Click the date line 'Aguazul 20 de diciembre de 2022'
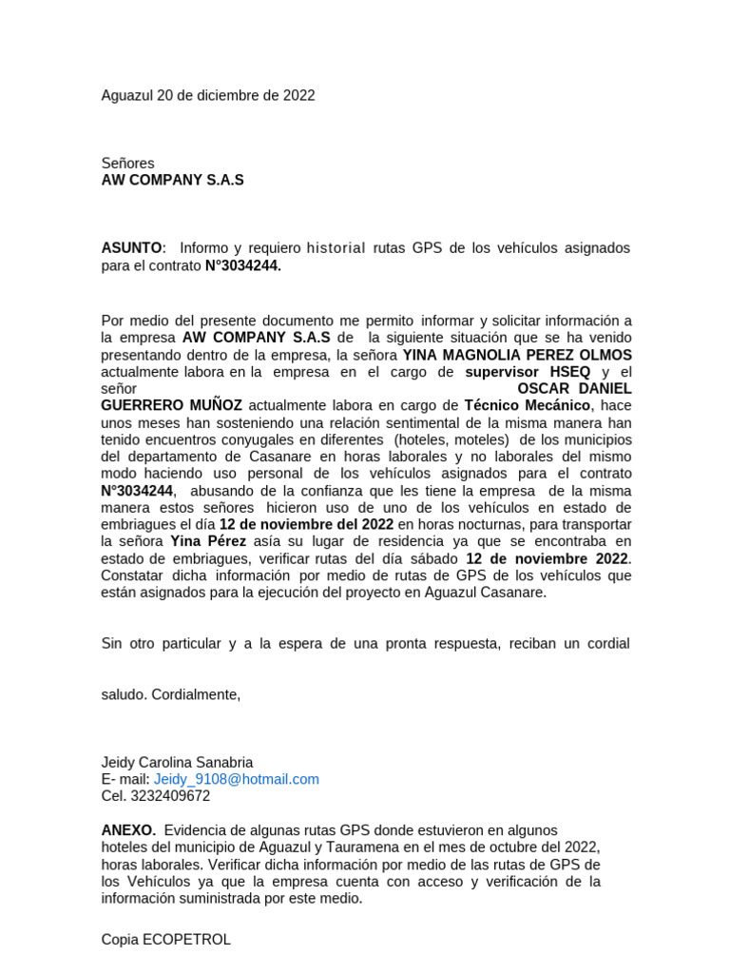pyautogui.click(x=208, y=95)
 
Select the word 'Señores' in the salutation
pyautogui.click(x=127, y=164)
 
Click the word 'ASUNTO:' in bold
pyautogui.click(x=134, y=248)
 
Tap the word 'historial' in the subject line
pyautogui.click(x=336, y=248)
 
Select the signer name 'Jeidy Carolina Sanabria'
pyautogui.click(x=178, y=762)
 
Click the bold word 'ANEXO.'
pyautogui.click(x=128, y=829)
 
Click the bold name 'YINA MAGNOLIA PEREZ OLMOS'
pyautogui.click(x=517, y=355)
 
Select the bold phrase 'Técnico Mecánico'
pyautogui.click(x=528, y=405)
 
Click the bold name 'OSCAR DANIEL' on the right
pyautogui.click(x=574, y=388)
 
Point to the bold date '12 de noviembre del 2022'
pyautogui.click(x=306, y=525)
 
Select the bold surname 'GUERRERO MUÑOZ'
pyautogui.click(x=172, y=405)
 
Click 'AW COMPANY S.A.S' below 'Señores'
pyautogui.click(x=173, y=180)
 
